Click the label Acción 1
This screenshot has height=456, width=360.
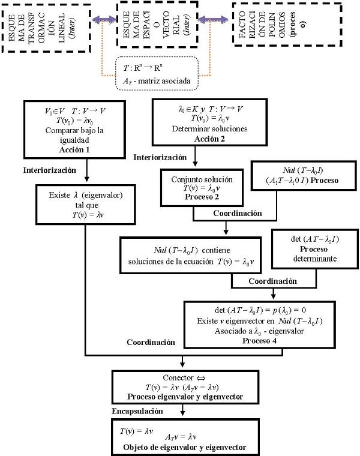[74, 148]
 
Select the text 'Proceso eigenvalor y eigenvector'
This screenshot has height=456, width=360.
[185, 397]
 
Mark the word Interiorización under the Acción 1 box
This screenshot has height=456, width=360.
[50, 170]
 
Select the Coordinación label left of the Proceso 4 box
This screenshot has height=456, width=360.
[151, 342]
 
